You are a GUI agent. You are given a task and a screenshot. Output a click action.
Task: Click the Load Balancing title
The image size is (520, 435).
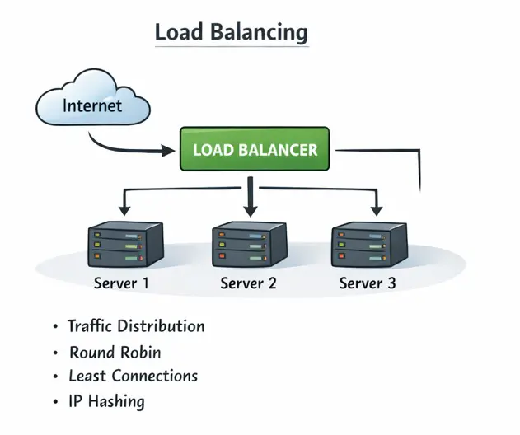[232, 33]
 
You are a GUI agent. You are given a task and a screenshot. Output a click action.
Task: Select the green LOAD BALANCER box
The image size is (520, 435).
[255, 151]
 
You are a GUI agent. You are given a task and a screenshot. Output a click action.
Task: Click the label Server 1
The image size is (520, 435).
[121, 283]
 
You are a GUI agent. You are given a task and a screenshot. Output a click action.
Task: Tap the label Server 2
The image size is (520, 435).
[248, 283]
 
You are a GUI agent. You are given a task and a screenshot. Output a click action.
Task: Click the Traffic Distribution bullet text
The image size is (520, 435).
[136, 326]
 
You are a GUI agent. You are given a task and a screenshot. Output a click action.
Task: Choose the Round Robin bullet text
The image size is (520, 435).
[115, 353]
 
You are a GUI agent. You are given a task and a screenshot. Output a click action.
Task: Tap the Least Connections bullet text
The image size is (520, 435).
[133, 377]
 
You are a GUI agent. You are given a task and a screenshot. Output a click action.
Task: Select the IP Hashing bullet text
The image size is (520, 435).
[106, 402]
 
